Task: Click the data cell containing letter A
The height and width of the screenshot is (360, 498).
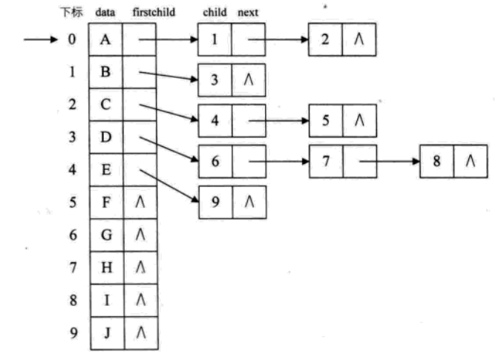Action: tap(105, 39)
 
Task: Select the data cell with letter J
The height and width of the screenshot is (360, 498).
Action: tap(108, 333)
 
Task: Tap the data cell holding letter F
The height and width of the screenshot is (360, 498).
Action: tap(106, 202)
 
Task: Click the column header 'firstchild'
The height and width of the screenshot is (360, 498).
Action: tap(154, 12)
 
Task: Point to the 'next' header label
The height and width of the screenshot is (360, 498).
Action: tap(248, 13)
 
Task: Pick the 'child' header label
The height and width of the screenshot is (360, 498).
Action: tap(214, 12)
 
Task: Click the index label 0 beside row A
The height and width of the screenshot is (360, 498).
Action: tap(72, 39)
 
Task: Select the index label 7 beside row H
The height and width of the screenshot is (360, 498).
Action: tap(73, 267)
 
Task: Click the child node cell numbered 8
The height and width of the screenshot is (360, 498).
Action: tap(437, 161)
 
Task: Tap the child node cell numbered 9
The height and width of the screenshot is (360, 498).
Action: tap(216, 202)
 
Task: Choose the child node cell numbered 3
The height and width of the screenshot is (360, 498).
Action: tap(215, 79)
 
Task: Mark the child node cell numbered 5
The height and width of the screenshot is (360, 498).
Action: tap(326, 121)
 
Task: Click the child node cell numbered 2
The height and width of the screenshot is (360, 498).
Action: tap(325, 39)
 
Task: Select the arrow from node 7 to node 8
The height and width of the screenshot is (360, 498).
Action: tap(390, 161)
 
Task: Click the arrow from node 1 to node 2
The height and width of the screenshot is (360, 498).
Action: tap(278, 39)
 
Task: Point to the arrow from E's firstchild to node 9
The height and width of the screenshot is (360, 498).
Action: tap(169, 186)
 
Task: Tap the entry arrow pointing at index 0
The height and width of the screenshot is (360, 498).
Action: tap(41, 39)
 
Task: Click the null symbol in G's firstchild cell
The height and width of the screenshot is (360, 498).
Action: tap(140, 235)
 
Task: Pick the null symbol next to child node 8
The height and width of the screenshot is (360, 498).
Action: tap(471, 161)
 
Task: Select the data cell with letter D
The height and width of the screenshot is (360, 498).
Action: tap(106, 137)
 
